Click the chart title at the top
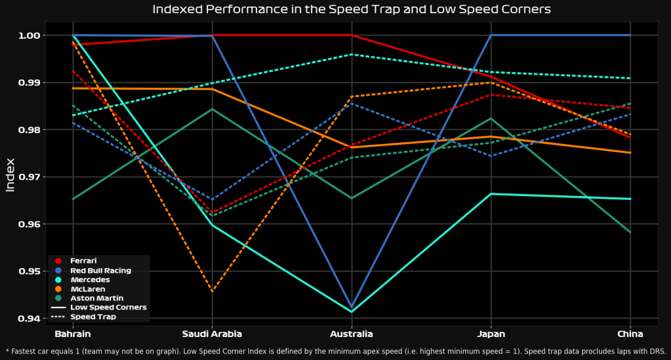point(351,9)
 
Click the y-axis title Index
point(10,175)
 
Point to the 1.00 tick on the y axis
point(31,35)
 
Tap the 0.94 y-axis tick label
point(31,319)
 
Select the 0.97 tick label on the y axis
point(31,177)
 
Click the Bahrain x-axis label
point(73,334)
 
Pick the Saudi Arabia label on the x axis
point(213,334)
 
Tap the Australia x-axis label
point(352,334)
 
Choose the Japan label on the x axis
point(491,334)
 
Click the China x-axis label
point(630,334)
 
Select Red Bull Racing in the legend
point(100,270)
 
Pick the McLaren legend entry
point(87,289)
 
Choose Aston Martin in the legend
point(96,298)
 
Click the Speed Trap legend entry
point(93,317)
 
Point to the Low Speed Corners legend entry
point(108,307)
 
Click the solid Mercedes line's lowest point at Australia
point(352,311)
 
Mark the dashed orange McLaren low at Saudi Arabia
point(213,291)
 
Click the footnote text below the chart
point(335,351)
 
